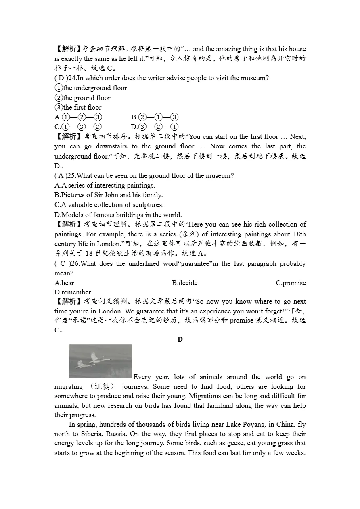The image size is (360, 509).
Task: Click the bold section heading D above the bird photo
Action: tap(180, 340)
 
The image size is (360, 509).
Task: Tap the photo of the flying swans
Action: tap(100, 361)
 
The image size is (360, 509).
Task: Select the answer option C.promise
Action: tap(291, 283)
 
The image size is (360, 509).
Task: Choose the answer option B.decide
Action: tap(184, 283)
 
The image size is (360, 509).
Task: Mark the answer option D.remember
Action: tap(73, 292)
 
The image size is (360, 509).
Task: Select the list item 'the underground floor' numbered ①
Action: tap(91, 88)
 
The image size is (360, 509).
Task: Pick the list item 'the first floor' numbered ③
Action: tap(78, 107)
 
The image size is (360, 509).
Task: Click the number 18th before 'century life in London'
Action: tap(299, 234)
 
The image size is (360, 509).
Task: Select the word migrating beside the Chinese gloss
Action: tap(69, 386)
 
